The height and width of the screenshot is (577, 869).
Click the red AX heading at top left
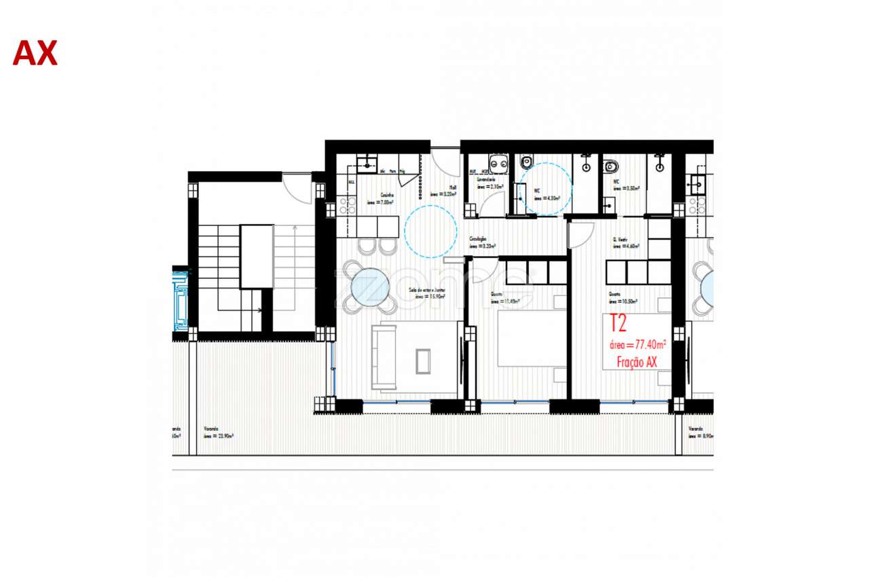(35, 53)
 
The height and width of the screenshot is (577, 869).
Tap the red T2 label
(618, 323)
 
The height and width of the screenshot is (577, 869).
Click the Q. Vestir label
(618, 239)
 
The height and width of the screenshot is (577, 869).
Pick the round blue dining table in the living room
(371, 287)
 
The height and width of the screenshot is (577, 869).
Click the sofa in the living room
(384, 357)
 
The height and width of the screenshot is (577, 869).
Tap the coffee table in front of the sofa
(423, 360)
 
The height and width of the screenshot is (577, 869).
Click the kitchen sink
(367, 162)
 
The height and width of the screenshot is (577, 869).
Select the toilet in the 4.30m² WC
(526, 163)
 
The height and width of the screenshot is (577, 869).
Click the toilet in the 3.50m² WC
(610, 165)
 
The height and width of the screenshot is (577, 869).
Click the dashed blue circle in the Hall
(430, 231)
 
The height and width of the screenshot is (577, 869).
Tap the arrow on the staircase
(259, 310)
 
